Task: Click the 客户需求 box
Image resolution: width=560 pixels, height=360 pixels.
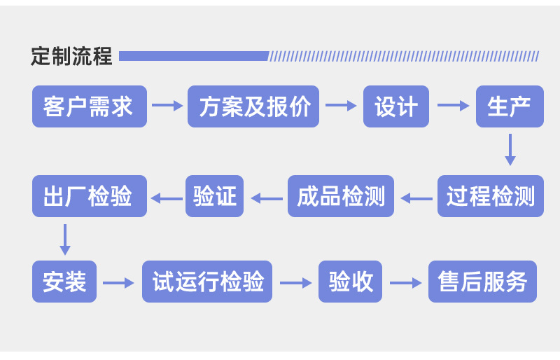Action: point(90,106)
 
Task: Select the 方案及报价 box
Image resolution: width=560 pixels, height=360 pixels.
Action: point(253,106)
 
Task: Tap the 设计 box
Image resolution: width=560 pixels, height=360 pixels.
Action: point(395,106)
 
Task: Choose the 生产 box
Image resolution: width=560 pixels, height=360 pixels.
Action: point(509,106)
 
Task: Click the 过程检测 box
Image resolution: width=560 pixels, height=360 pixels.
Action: point(490,196)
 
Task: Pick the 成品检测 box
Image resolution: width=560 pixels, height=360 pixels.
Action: point(341,196)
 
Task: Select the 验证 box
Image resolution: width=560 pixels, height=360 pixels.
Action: point(214,196)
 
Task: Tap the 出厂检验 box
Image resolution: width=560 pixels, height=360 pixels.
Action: point(90,196)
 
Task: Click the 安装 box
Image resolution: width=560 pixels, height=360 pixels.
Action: point(64,282)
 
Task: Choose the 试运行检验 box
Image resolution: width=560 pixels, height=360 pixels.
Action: point(207,282)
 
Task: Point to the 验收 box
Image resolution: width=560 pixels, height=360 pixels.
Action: point(350,282)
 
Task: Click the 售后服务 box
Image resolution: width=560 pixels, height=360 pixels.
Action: point(482,282)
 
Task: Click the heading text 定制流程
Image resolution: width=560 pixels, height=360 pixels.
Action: point(71,56)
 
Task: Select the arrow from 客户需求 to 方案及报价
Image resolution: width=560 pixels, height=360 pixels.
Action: point(167,106)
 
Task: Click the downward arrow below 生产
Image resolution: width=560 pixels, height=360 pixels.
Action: point(510,149)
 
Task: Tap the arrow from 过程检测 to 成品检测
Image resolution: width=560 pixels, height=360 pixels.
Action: point(416,199)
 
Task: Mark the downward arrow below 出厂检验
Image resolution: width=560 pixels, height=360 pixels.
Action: point(65,240)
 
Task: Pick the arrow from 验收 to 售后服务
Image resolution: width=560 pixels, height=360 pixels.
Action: point(405,283)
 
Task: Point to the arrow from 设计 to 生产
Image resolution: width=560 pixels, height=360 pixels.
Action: point(453,106)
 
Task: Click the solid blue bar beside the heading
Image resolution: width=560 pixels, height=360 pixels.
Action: point(194,56)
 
